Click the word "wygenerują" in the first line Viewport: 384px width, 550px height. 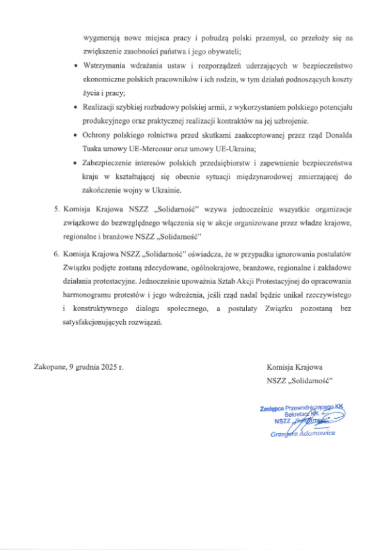100,39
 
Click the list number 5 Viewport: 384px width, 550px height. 56,210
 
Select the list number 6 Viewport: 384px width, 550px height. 56,254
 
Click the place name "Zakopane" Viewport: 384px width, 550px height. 50,368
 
